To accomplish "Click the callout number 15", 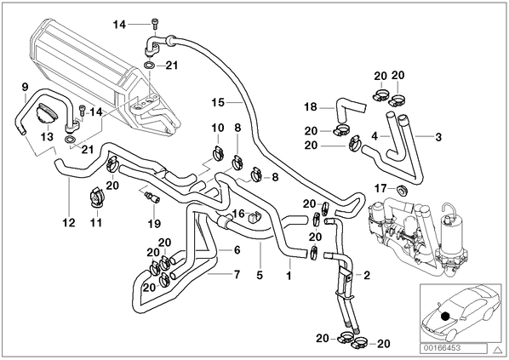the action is tap(218, 103).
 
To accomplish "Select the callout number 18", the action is tap(311, 106).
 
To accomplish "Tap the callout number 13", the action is tap(47, 137).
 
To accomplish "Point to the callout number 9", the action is tap(25, 87).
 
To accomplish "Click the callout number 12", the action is tap(69, 223).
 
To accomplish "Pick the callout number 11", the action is tap(96, 223).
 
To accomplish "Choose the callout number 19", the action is tap(154, 224).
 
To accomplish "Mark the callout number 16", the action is tap(238, 214).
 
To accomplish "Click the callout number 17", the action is tap(380, 188).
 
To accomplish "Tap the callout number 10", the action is tap(218, 128).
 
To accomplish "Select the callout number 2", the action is tap(367, 275).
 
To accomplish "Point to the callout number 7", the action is tap(237, 274).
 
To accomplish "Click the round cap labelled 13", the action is tap(48, 113).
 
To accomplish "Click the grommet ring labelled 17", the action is tap(401, 190).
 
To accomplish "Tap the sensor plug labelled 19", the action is tap(152, 197).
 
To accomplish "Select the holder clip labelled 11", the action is tap(96, 197).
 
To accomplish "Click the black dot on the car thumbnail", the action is tap(444, 316).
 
